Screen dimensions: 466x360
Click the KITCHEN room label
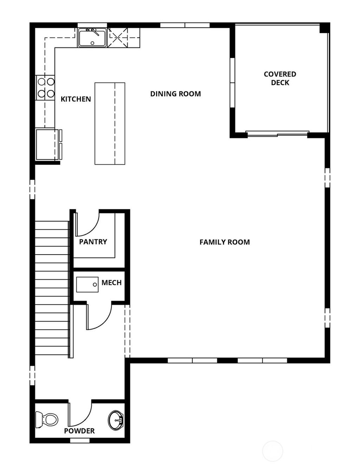[x=76, y=99]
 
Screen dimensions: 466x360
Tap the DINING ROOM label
[x=175, y=94]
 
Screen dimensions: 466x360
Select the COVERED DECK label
[x=280, y=78]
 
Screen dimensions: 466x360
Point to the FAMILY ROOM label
[x=225, y=242]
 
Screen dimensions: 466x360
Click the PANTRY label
[x=93, y=242]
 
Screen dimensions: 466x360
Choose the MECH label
[x=111, y=282]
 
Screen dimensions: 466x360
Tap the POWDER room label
[x=79, y=431]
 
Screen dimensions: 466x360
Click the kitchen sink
[x=92, y=38]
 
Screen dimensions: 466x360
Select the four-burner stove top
[x=46, y=88]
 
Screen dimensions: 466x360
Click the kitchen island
[x=110, y=123]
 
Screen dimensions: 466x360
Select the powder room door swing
[x=80, y=413]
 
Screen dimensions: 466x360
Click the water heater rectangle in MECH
[x=87, y=284]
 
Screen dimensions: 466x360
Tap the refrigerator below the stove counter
[x=47, y=145]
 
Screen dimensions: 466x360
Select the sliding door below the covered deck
[x=277, y=134]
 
